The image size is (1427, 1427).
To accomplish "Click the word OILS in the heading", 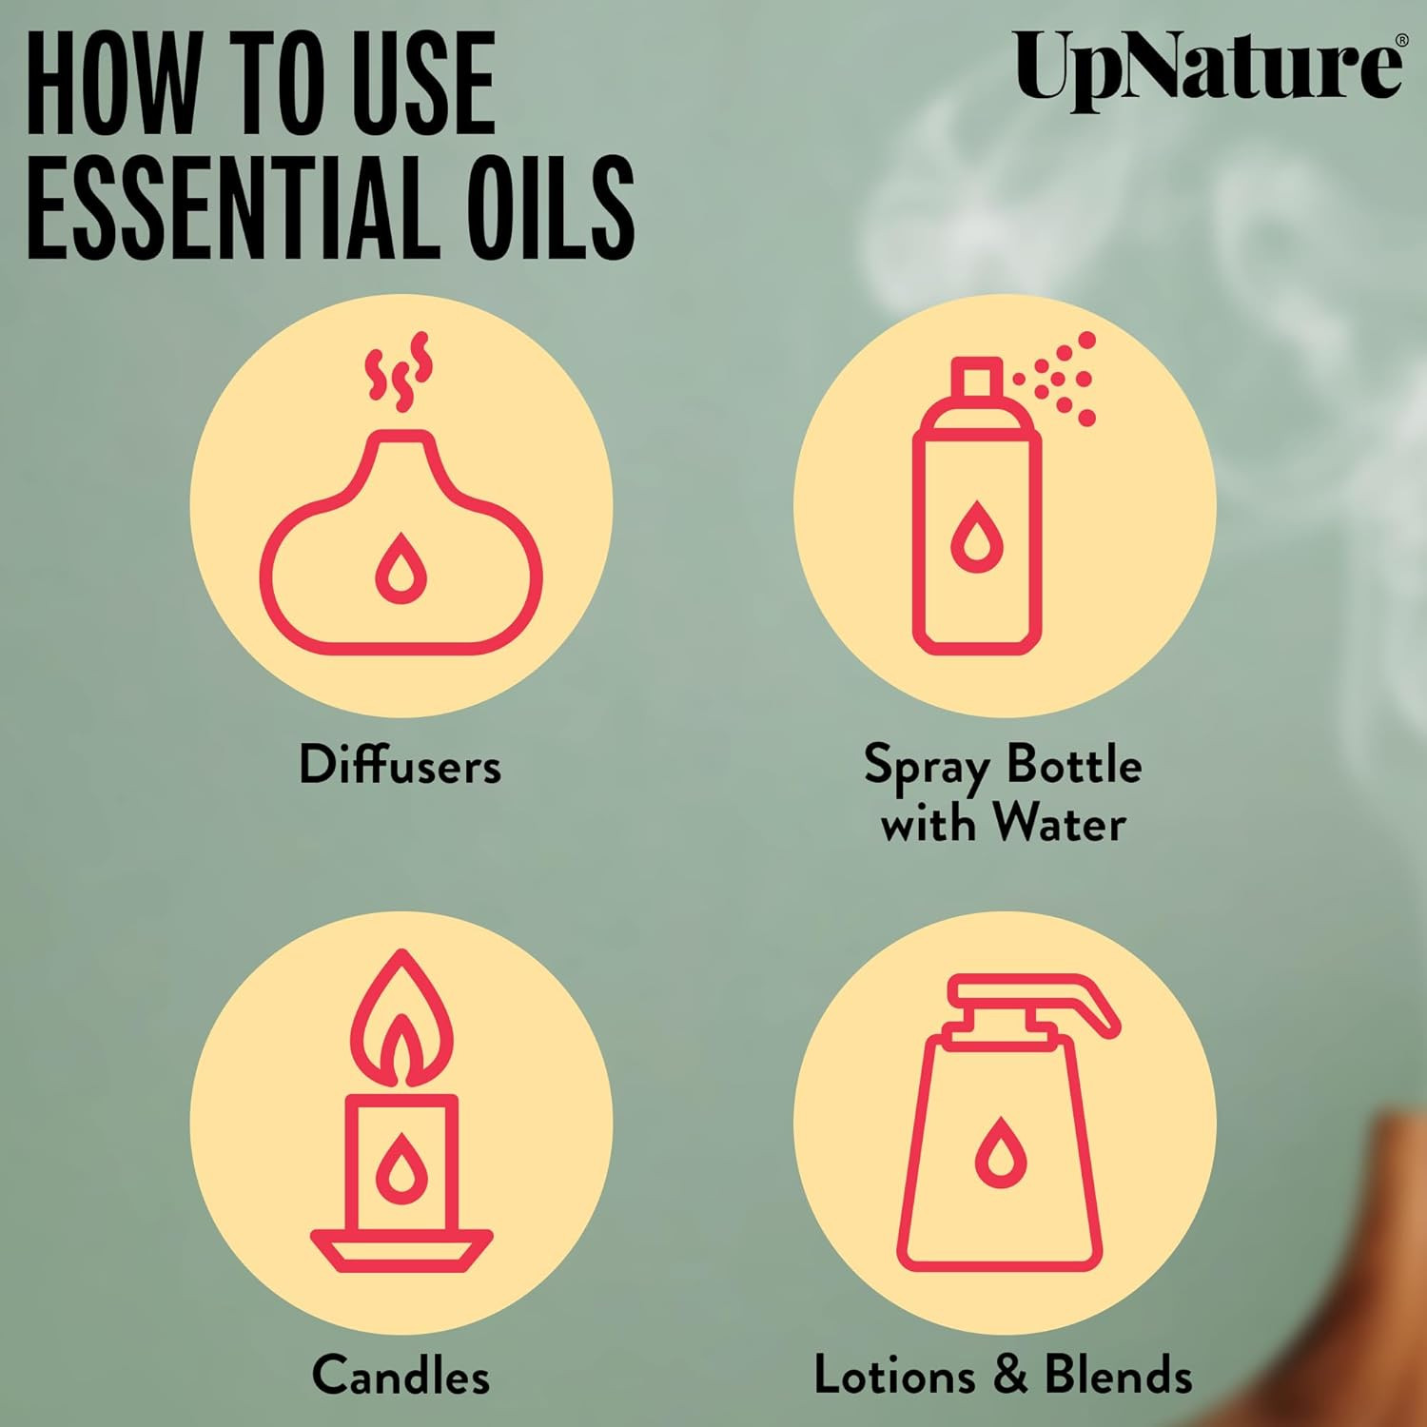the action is [x=552, y=208].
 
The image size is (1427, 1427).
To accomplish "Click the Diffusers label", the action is [x=400, y=765].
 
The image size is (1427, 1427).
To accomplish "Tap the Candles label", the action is [x=401, y=1376].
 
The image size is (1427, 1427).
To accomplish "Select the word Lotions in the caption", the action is [x=895, y=1376].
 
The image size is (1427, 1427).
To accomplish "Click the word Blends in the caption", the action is [x=1118, y=1376].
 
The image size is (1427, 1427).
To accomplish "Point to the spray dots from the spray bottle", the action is [x=1056, y=379].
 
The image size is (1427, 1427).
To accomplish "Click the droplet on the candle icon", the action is [x=401, y=1167].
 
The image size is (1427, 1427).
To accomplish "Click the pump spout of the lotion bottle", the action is [x=1037, y=999].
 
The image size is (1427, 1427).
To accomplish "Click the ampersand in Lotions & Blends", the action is [x=1009, y=1377].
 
